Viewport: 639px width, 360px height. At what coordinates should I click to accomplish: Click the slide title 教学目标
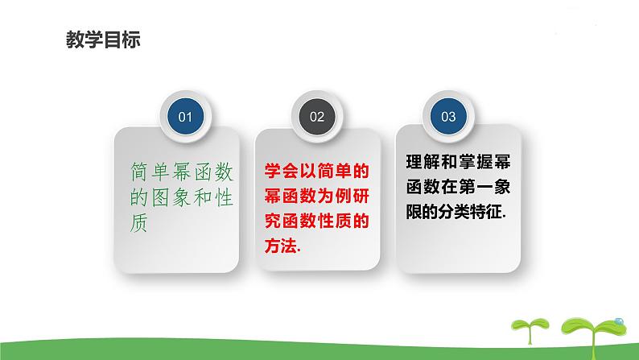pos(101,40)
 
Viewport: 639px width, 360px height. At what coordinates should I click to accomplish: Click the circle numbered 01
pos(185,117)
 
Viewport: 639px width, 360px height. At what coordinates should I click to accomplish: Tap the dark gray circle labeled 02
pos(316,117)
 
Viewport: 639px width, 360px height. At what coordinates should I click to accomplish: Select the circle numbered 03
pos(448,117)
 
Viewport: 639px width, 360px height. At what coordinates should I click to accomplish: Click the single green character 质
pos(138,224)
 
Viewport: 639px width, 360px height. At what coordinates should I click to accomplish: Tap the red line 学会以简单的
pos(316,171)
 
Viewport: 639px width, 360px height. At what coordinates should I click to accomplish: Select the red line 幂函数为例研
pos(316,195)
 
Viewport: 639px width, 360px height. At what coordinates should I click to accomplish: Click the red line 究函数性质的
pos(316,221)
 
